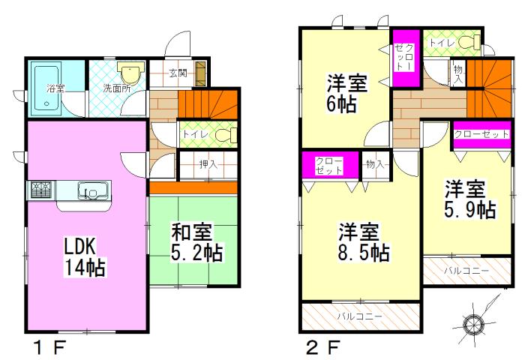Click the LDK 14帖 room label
click(x=83, y=256)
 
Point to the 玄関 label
click(x=178, y=73)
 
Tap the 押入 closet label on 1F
click(x=207, y=163)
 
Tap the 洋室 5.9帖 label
click(x=469, y=198)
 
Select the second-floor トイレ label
click(x=441, y=43)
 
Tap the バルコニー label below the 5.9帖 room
click(x=465, y=271)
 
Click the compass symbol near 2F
click(x=473, y=323)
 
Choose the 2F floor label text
click(x=323, y=347)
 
